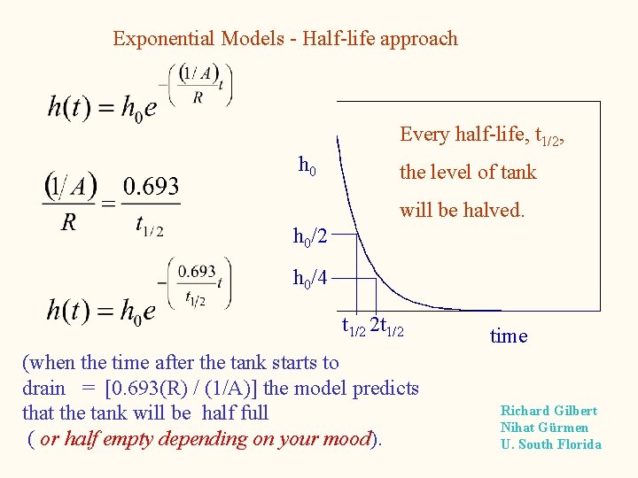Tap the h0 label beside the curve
coord(307,165)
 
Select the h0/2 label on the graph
coord(310,236)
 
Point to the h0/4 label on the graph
coord(310,279)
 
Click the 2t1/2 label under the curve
coord(387,328)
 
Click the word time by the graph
coord(509,335)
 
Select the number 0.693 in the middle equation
coord(151,187)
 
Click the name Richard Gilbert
coord(549,411)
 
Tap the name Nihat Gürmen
coord(544,428)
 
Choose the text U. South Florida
coord(550,444)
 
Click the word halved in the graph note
coord(495,211)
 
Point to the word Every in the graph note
coord(424,135)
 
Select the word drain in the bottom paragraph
coord(43,388)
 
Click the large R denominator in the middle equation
coord(68,222)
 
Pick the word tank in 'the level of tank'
coord(517,172)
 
